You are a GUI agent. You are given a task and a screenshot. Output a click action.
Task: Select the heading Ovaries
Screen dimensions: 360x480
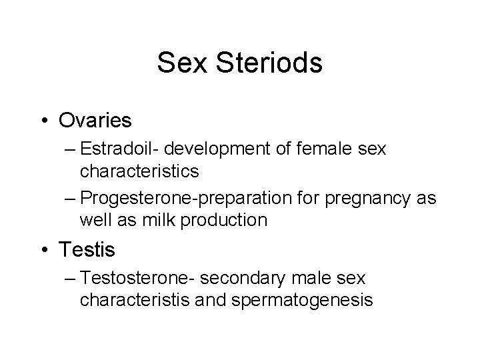point(95,120)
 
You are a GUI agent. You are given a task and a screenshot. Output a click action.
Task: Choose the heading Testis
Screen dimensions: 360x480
point(87,250)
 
